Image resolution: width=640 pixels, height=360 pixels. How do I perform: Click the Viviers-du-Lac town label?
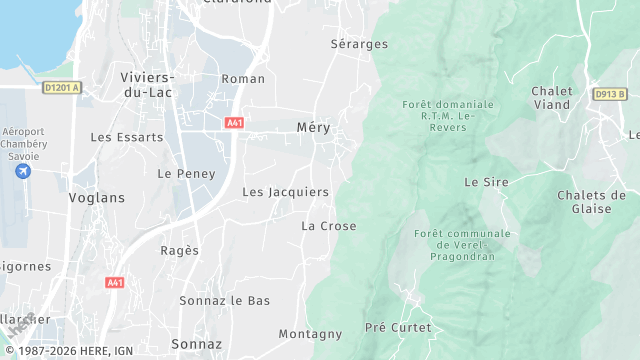147,85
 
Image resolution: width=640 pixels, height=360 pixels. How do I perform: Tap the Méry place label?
313,128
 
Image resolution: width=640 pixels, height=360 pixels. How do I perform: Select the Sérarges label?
359,44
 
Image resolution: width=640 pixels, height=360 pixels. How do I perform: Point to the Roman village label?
243,79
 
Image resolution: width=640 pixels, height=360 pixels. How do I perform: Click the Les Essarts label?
126,137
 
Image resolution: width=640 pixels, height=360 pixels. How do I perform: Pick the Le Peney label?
180,173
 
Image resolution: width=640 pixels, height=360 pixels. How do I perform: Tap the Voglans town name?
97,198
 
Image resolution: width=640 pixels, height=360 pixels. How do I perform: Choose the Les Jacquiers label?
285,192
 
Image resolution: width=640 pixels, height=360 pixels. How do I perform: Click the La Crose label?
329,226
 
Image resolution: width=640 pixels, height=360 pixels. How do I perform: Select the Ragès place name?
180,251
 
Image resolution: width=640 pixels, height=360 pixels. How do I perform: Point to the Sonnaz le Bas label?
225,300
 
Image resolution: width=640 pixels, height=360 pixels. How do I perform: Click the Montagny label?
310,334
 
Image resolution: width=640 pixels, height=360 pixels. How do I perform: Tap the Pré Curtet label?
398,328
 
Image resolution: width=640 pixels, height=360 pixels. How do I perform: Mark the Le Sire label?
487,182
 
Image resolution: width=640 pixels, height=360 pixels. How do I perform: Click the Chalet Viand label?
552,97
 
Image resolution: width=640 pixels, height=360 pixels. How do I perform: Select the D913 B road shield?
609,94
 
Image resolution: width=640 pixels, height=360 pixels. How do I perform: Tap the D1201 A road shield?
61,88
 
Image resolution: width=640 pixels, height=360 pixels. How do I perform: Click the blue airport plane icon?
24,172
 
